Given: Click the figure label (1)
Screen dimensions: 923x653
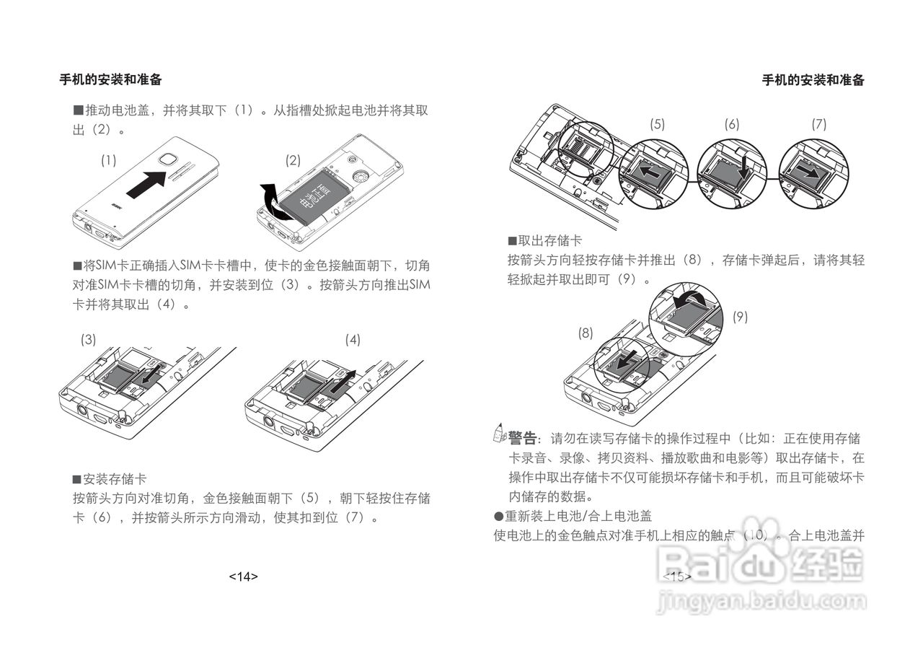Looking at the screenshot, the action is click(108, 161).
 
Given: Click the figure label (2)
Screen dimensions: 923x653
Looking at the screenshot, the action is click(293, 161).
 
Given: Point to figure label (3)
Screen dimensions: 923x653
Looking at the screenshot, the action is click(88, 339).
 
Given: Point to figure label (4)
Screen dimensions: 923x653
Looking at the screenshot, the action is click(353, 339).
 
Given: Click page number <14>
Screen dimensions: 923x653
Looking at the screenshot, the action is click(243, 577).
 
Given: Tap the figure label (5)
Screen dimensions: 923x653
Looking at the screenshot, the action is click(657, 124).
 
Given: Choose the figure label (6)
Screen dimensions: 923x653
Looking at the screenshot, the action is click(732, 124).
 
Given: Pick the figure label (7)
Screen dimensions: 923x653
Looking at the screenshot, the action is click(818, 124).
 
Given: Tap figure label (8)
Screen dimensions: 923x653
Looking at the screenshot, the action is click(586, 333).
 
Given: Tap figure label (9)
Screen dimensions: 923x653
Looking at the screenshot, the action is click(741, 316).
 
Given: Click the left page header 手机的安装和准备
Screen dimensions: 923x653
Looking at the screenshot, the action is click(110, 80).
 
